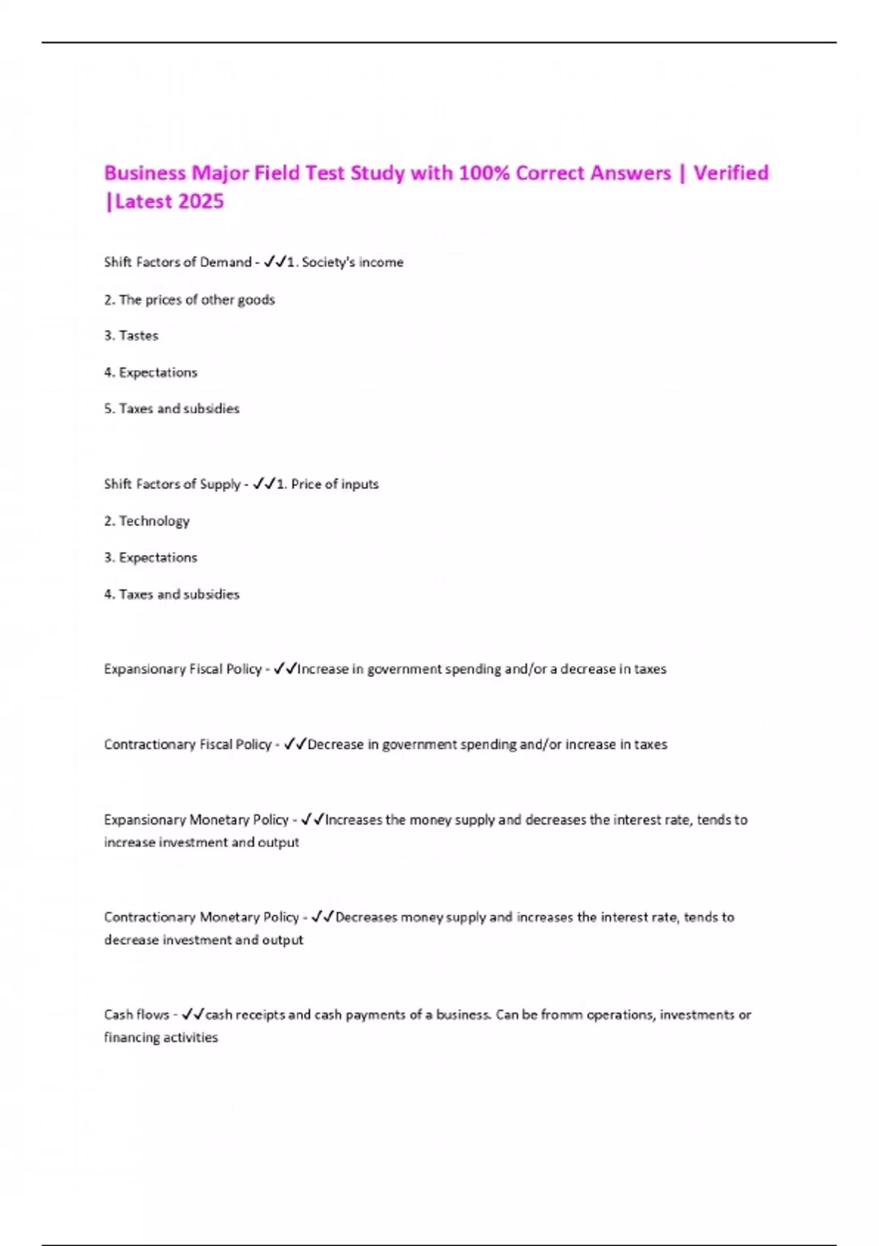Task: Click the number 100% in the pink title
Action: (x=483, y=173)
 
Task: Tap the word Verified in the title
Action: (x=730, y=173)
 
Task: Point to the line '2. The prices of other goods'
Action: (x=189, y=300)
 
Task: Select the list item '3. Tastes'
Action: (x=131, y=336)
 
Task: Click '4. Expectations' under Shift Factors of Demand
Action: (x=150, y=372)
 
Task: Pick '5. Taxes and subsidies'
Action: (x=171, y=409)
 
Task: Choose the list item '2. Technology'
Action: (x=146, y=521)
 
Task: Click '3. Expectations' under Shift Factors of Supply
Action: (x=150, y=558)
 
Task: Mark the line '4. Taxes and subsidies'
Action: (x=171, y=594)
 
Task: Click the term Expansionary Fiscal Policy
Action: (x=182, y=669)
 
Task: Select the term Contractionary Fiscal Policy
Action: (x=188, y=745)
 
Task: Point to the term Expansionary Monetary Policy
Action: (x=196, y=820)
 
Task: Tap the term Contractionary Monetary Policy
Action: (x=201, y=918)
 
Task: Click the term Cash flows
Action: (x=136, y=1015)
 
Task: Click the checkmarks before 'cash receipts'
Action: (x=193, y=1014)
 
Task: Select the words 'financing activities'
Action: (x=160, y=1038)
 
